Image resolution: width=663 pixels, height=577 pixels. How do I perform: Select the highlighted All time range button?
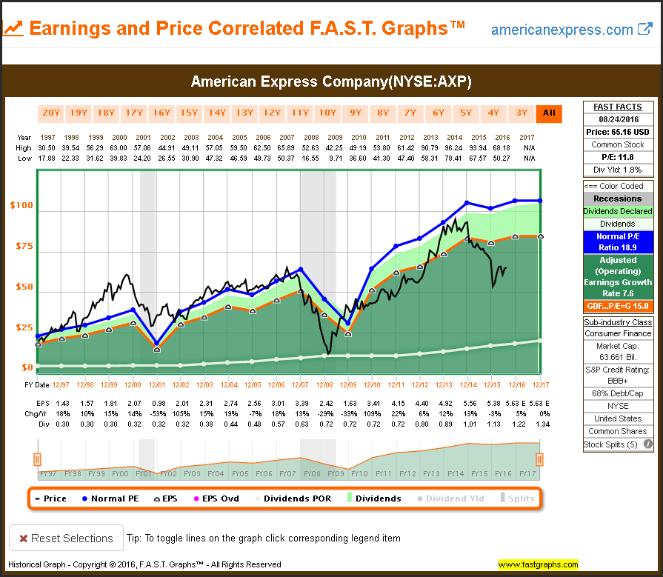[549, 113]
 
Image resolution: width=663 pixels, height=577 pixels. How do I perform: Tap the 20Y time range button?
[51, 113]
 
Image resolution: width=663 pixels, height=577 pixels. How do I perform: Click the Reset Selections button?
[64, 538]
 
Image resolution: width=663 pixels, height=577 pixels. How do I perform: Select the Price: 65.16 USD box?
[619, 131]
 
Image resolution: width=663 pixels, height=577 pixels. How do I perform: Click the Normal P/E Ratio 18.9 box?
[619, 241]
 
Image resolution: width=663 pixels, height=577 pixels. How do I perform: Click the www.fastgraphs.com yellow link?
[538, 564]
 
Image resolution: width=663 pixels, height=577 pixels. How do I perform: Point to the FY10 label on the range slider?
[360, 473]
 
